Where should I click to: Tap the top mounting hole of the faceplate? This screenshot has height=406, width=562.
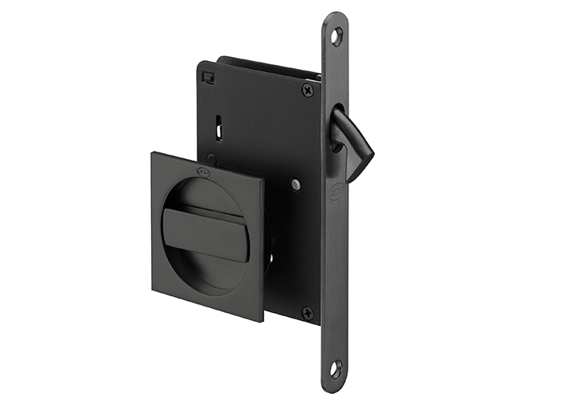pos(336,35)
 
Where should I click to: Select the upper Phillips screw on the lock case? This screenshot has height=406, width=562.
pos(307,90)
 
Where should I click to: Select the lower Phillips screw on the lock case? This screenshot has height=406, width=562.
pos(307,313)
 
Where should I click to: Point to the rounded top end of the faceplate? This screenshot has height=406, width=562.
pos(336,18)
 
